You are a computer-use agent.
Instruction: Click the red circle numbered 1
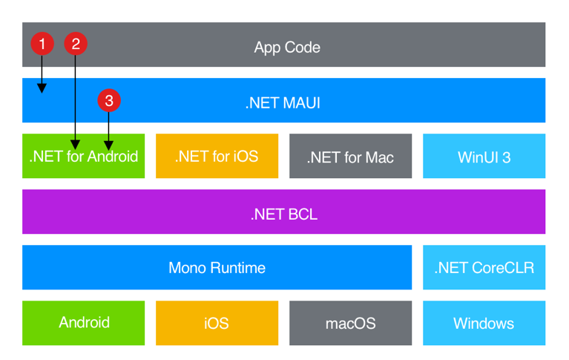42,44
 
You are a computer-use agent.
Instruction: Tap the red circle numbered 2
75,44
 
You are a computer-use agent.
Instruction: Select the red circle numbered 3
108,100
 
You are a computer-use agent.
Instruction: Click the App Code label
287,48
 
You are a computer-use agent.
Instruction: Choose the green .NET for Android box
83,157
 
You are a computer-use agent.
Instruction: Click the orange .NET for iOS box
217,157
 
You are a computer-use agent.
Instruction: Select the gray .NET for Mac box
350,157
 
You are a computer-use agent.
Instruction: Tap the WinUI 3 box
484,157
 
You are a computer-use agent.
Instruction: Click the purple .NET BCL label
283,215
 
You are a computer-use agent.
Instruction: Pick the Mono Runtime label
217,267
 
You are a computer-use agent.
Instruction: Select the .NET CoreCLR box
484,267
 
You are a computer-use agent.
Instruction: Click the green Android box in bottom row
83,323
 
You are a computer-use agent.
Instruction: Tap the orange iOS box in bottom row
217,323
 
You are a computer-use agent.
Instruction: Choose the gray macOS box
350,323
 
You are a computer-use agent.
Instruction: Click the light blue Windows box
484,323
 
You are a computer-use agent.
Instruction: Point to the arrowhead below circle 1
42,88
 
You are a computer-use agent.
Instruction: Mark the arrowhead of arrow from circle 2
75,144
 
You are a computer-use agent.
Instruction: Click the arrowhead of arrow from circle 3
108,144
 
